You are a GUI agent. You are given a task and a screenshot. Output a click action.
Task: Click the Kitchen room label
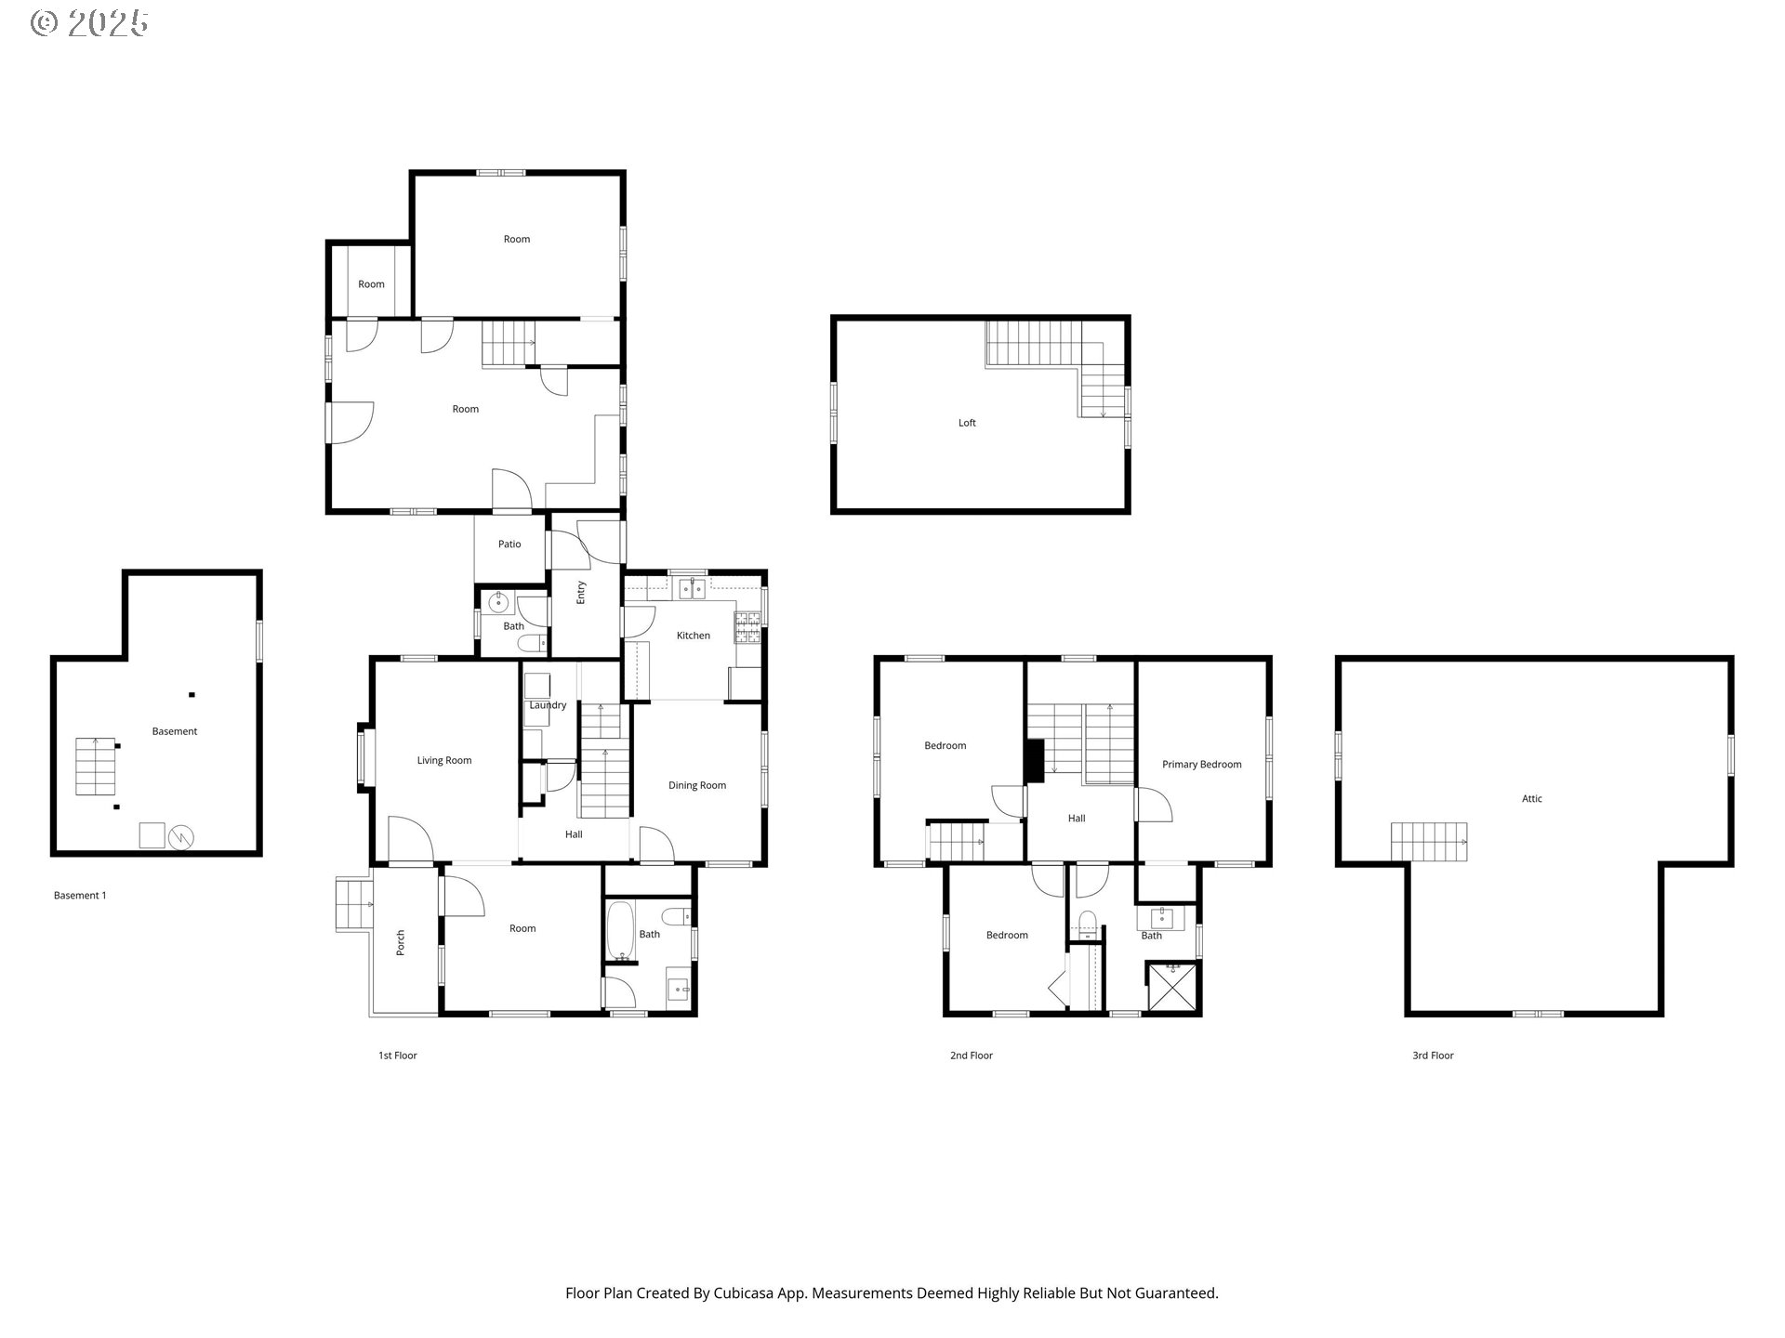click(x=693, y=636)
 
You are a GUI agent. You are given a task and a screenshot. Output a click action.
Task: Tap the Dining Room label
click(x=696, y=785)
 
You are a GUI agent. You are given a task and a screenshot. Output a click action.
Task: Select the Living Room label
click(x=443, y=760)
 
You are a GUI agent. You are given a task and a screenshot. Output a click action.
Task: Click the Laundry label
click(x=548, y=705)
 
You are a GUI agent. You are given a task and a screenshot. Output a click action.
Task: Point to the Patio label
click(x=509, y=544)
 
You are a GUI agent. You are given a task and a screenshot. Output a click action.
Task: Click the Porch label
click(x=401, y=942)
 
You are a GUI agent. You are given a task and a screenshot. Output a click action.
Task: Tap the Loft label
click(x=967, y=423)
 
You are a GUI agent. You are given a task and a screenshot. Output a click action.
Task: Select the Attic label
click(x=1531, y=798)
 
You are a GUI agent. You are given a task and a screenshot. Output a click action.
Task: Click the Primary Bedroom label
click(x=1201, y=765)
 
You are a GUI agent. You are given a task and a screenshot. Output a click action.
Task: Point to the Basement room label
click(x=175, y=731)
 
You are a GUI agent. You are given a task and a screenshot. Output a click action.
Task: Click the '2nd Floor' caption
click(x=971, y=1056)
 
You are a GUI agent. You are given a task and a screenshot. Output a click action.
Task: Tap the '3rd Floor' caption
click(x=1433, y=1056)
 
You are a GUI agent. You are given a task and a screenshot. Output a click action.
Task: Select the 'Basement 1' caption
click(x=80, y=896)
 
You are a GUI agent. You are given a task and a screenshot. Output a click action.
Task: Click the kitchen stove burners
click(x=748, y=627)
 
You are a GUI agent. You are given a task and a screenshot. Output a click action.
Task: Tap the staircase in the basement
click(x=95, y=766)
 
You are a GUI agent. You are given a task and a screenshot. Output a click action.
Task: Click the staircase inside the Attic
click(x=1428, y=841)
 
